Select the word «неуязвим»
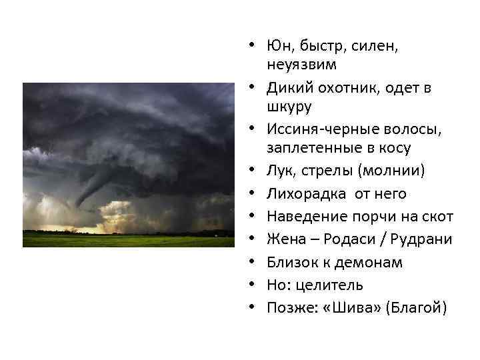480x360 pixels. click(x=301, y=65)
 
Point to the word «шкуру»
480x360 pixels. click(x=289, y=106)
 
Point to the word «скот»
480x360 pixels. click(x=439, y=216)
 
